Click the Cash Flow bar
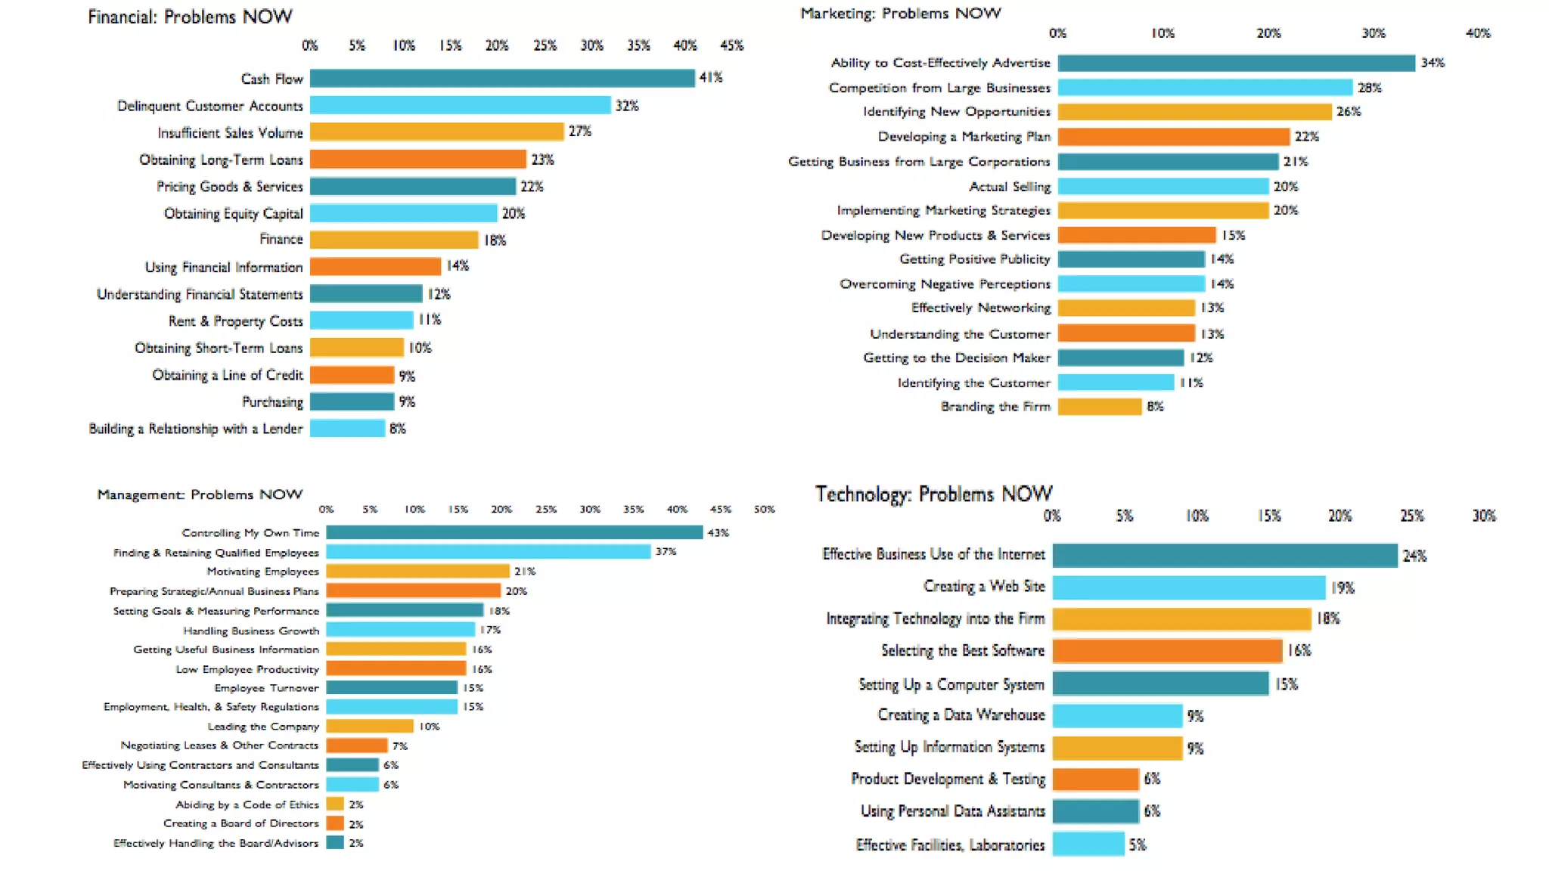[x=502, y=78]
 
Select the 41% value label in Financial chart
[x=710, y=77]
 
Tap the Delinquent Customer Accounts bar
[x=460, y=105]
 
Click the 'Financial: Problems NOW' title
[x=190, y=17]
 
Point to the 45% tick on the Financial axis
[x=731, y=45]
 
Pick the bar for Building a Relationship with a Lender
[x=347, y=429]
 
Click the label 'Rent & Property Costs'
[x=235, y=321]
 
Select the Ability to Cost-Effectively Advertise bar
[x=1236, y=63]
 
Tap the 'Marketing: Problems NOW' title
[x=900, y=13]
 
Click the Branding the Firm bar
[x=1099, y=407]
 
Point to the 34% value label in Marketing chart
[x=1432, y=63]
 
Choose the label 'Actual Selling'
[x=1010, y=187]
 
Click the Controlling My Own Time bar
[x=514, y=533]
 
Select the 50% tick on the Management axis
[x=764, y=510]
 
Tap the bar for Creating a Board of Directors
[x=335, y=823]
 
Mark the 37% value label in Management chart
[x=666, y=552]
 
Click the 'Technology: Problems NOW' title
[x=933, y=494]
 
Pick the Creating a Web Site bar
[x=1188, y=587]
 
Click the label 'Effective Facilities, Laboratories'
[x=950, y=845]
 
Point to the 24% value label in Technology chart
[x=1414, y=556]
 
